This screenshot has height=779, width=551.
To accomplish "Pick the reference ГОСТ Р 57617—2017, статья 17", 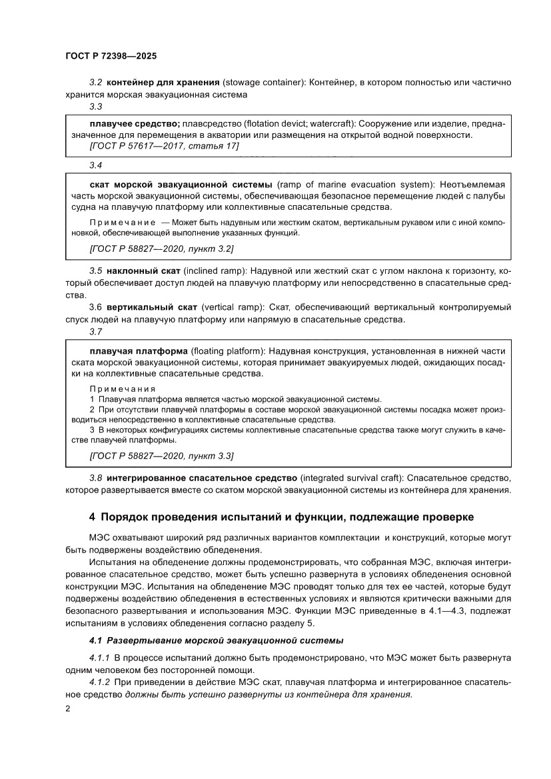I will pyautogui.click(x=163, y=145).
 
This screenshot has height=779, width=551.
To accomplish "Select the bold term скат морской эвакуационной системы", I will pyautogui.click(x=181, y=183).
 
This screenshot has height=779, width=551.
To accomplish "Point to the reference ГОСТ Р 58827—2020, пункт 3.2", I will pyautogui.click(x=161, y=249).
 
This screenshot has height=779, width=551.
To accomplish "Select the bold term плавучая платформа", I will pyautogui.click(x=138, y=351).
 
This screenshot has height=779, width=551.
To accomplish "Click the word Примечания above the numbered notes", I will pyautogui.click(x=122, y=389).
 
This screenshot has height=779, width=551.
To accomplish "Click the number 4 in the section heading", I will pyautogui.click(x=93, y=516).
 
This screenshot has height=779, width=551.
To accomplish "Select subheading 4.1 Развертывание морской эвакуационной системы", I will pyautogui.click(x=216, y=640).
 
